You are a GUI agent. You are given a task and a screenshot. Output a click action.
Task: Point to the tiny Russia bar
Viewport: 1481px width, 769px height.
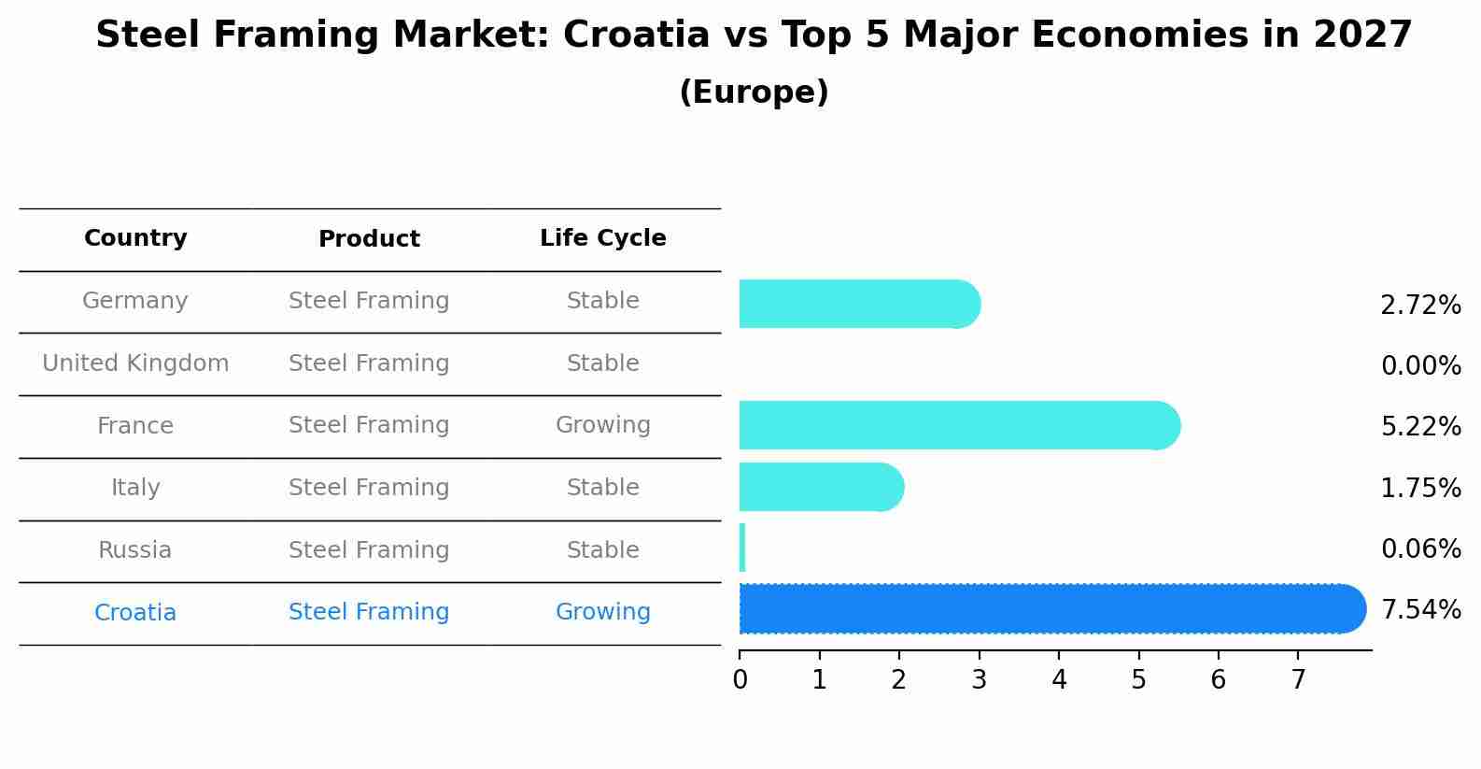pyautogui.click(x=742, y=548)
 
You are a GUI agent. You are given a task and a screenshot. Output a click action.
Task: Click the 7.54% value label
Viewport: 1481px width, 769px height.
pyautogui.click(x=1420, y=610)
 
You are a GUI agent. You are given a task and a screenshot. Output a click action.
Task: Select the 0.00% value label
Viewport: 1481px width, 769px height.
pyautogui.click(x=1420, y=366)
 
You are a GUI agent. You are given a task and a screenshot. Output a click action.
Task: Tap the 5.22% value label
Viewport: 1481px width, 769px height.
pyautogui.click(x=1420, y=427)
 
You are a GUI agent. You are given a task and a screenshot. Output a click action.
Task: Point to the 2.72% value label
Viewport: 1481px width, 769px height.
pyautogui.click(x=1420, y=306)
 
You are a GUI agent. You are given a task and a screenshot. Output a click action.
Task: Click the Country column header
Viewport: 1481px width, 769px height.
pyautogui.click(x=135, y=238)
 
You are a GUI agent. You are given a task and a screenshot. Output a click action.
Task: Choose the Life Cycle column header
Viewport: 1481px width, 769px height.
pyautogui.click(x=602, y=238)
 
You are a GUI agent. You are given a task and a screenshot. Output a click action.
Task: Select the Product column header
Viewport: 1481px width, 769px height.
pyautogui.click(x=369, y=239)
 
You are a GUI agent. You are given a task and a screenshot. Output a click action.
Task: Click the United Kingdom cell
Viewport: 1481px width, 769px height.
pyautogui.click(x=135, y=363)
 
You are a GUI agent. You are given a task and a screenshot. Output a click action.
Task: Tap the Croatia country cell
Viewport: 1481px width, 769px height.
pyautogui.click(x=135, y=613)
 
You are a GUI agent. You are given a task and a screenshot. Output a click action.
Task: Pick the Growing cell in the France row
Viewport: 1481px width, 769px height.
pyautogui.click(x=602, y=425)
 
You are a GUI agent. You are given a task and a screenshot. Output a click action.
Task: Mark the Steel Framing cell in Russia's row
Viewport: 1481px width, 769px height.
pyautogui.click(x=369, y=550)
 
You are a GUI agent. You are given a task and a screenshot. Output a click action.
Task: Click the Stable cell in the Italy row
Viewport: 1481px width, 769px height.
pyautogui.click(x=602, y=488)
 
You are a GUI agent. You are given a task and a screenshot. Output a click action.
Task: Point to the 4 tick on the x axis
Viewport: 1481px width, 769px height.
pyautogui.click(x=1059, y=680)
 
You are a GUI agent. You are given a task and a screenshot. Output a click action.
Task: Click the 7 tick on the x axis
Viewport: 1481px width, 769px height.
pyautogui.click(x=1298, y=680)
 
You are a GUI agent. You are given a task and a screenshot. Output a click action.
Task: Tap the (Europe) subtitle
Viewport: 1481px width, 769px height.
pyautogui.click(x=754, y=93)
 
